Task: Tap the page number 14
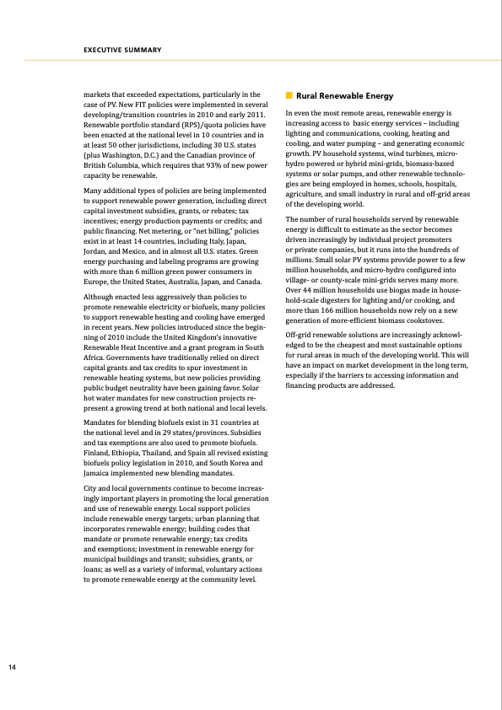point(12,668)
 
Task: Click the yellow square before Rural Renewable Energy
point(289,96)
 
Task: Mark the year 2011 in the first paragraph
point(253,114)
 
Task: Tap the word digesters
point(337,300)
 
